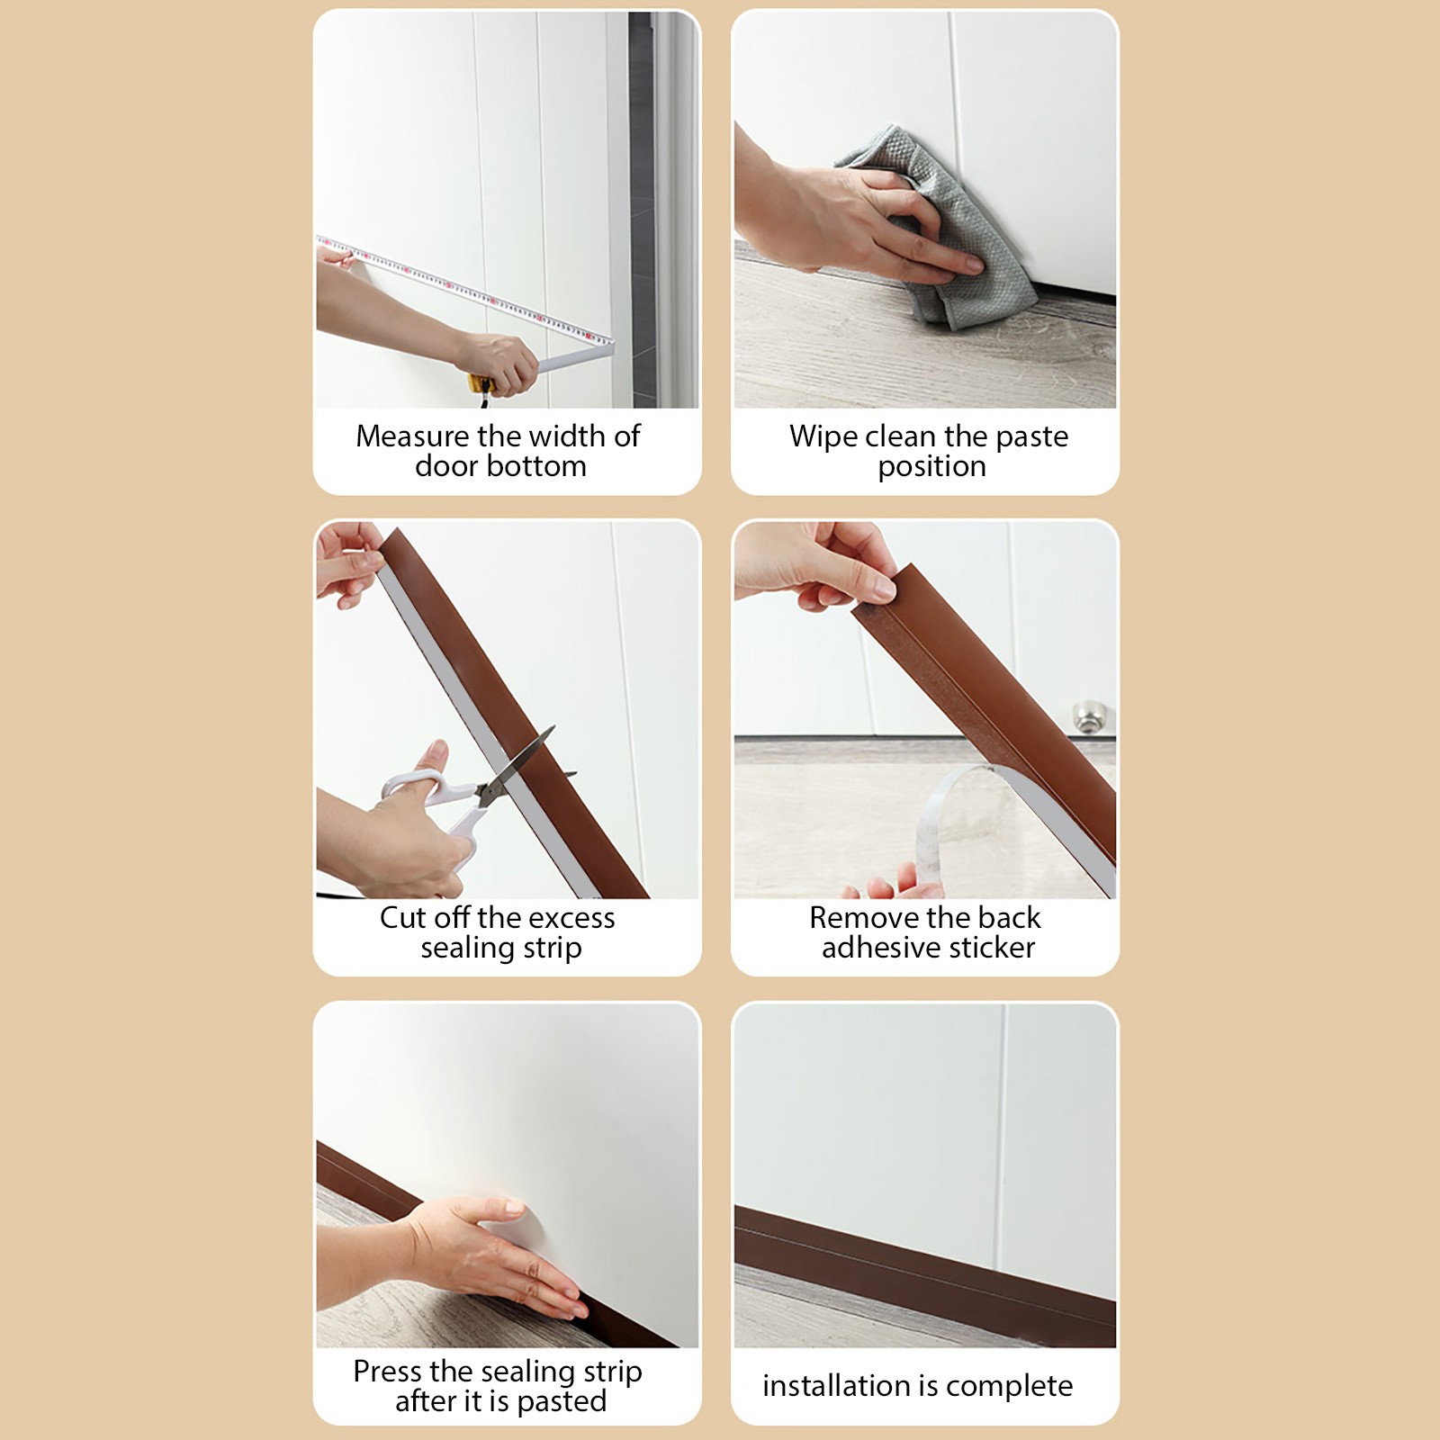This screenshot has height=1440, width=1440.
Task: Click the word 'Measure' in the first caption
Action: [x=413, y=436]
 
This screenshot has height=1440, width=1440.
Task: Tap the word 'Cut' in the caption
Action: [x=402, y=918]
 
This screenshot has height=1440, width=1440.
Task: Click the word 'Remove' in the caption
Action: [x=864, y=918]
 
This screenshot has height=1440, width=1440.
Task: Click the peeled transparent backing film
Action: [x=954, y=814]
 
